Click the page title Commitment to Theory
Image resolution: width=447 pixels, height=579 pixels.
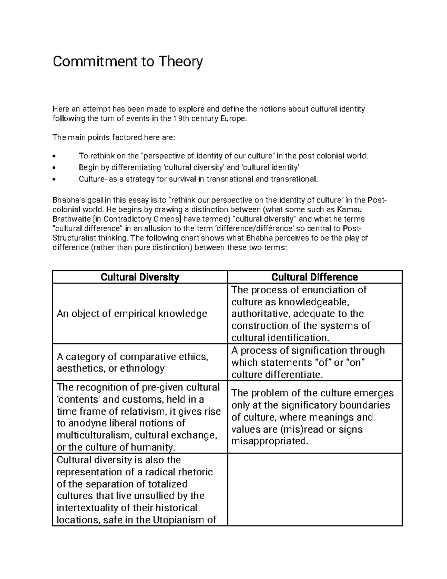(x=128, y=61)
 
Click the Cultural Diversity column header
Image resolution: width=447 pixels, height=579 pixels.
(x=140, y=277)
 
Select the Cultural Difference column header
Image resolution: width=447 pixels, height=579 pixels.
(x=314, y=277)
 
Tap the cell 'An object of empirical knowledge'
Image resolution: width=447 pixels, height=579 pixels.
(x=132, y=314)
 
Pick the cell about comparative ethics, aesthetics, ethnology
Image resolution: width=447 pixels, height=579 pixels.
(x=132, y=362)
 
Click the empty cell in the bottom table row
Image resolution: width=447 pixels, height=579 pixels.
(x=315, y=489)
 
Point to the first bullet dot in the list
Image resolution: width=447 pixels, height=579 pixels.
(x=55, y=156)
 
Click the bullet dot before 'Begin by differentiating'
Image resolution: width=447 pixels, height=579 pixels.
(x=55, y=168)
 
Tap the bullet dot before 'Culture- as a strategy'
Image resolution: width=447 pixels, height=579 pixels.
(x=55, y=179)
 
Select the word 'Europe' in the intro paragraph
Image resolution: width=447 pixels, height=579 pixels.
(x=234, y=119)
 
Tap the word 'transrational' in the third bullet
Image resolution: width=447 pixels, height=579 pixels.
(x=294, y=179)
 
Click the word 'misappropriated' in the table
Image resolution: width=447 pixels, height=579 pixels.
(x=270, y=441)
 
